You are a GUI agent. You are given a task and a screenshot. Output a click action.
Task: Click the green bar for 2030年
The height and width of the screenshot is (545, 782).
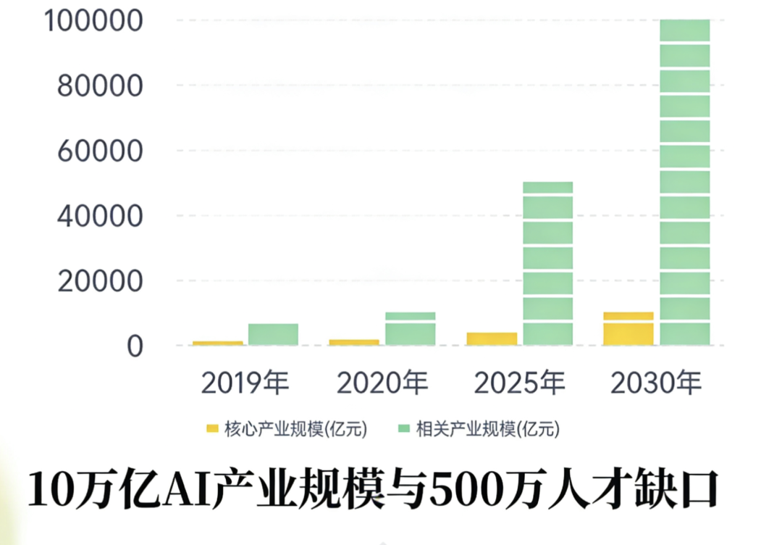684,181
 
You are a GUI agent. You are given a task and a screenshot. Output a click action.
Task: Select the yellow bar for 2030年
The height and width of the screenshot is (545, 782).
628,328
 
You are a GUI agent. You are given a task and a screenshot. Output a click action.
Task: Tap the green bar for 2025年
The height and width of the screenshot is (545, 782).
547,263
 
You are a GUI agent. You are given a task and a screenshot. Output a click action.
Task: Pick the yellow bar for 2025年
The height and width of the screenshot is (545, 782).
491,338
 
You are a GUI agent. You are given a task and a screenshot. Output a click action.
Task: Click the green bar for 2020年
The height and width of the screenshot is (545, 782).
410,328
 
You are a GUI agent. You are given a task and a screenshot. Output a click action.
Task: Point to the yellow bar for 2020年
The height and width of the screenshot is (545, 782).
353,342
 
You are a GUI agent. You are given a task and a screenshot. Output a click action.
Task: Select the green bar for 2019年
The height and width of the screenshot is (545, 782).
273,334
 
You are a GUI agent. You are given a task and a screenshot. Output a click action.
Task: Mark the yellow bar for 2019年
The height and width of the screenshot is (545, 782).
217,343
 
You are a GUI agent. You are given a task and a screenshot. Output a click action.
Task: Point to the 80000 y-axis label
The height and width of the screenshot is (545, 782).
99,86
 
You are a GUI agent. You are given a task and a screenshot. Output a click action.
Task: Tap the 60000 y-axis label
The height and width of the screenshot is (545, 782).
99,151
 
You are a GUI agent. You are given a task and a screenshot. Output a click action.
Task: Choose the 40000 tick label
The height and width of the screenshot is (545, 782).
99,216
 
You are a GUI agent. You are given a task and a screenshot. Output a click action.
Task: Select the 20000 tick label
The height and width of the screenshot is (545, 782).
99,281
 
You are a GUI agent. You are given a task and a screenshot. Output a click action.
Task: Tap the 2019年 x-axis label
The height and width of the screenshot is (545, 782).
245,383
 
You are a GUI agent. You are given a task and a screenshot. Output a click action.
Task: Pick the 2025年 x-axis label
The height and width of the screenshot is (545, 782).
519,383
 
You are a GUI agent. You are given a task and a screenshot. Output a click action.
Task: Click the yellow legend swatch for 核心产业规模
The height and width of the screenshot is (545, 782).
212,429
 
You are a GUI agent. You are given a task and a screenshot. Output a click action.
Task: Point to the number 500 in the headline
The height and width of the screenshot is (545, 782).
466,489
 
